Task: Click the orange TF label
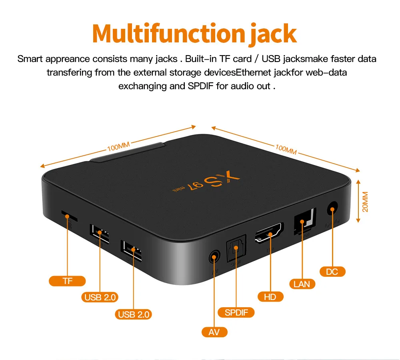67,281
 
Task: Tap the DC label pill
332,272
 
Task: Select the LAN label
302,284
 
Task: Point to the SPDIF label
236,312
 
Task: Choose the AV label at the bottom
214,332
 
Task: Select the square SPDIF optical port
235,249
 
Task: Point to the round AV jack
214,256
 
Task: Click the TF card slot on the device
69,216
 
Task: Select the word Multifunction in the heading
168,34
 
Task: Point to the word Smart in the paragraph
30,59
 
